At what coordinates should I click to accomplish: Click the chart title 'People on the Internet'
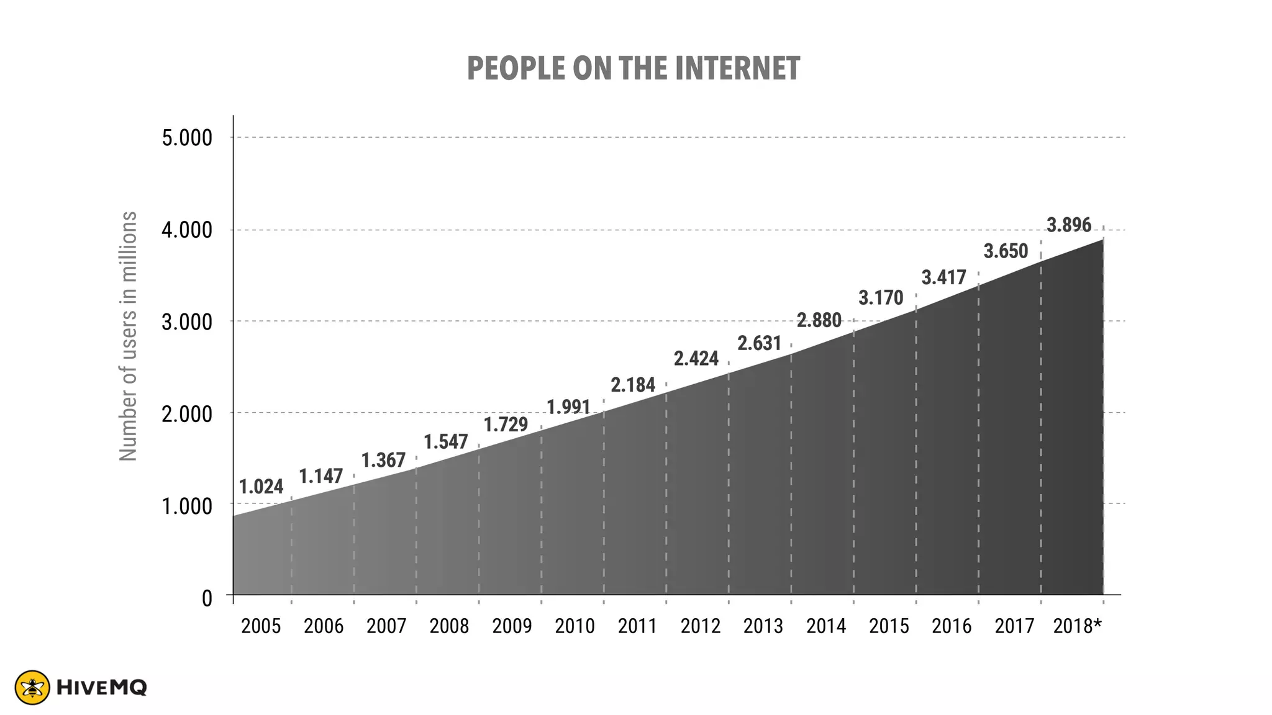pos(633,68)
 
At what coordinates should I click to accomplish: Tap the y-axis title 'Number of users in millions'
pos(128,336)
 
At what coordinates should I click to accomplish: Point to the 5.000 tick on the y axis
pos(187,138)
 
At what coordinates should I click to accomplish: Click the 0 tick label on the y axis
pos(207,598)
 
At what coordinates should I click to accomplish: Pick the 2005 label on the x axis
pos(261,626)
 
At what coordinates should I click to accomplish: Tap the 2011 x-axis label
pos(637,626)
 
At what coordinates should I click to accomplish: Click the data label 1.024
pos(261,487)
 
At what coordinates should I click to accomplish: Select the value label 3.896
pos(1069,225)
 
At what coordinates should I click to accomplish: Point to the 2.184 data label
pos(633,385)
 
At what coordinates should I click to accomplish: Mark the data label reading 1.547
pos(446,442)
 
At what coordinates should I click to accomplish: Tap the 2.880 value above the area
pos(819,321)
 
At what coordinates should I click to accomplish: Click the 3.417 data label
pos(944,277)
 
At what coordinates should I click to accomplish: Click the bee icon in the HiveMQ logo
pos(32,688)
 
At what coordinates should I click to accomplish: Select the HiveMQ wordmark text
pos(101,688)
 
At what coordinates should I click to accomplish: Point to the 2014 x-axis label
pos(826,626)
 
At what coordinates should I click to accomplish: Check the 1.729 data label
pos(506,425)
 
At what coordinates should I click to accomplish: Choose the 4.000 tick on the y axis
pos(187,231)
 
